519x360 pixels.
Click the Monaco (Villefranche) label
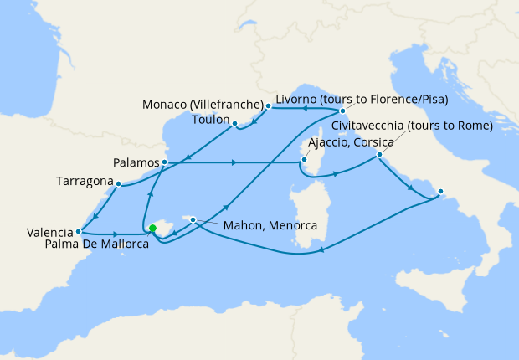[x=202, y=106]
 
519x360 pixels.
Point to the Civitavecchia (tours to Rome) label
[x=411, y=126]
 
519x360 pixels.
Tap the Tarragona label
[x=84, y=181]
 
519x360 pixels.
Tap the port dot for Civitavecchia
[x=379, y=155]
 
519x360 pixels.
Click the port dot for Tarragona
[x=119, y=183]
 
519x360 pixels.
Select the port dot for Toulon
[x=235, y=124]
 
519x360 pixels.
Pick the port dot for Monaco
[x=268, y=107]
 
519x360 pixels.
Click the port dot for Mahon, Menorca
[x=193, y=220]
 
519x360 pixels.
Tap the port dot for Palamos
[x=165, y=161]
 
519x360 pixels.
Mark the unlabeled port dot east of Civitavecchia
[x=440, y=191]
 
